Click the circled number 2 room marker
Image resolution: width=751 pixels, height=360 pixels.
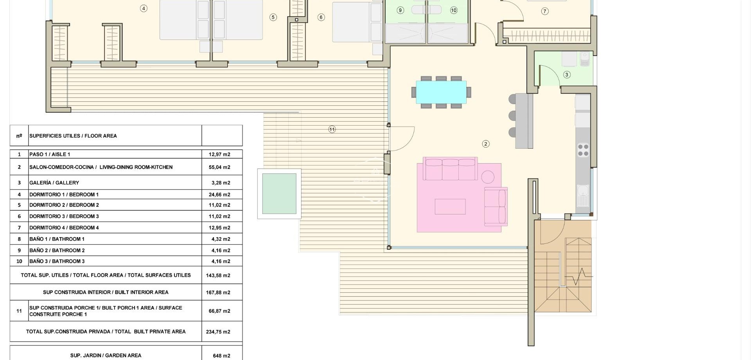(486, 144)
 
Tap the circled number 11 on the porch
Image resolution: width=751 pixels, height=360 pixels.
(332, 130)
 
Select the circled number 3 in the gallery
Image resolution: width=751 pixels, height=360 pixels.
(567, 75)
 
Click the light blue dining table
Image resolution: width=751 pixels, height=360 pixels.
(441, 92)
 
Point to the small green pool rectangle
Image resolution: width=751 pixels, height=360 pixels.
(279, 194)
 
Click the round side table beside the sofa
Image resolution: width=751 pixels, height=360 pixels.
(488, 177)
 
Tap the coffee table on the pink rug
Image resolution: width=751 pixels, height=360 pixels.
(450, 207)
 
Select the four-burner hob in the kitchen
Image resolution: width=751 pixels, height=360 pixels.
(583, 150)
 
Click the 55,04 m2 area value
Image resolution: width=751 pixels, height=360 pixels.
(219, 167)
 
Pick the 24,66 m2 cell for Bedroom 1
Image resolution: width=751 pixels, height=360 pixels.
(219, 194)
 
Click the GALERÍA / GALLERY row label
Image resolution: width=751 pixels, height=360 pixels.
(54, 183)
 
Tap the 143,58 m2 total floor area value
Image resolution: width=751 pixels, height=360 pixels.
(218, 275)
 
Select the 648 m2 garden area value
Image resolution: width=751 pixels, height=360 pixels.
(221, 356)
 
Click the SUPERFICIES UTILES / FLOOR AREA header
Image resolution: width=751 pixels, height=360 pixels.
(73, 136)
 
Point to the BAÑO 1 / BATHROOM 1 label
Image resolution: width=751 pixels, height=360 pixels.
(57, 239)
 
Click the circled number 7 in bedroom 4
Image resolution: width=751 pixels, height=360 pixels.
(545, 11)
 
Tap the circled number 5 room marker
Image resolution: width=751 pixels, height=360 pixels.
(273, 17)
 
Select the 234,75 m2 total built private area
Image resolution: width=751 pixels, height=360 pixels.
(218, 332)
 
